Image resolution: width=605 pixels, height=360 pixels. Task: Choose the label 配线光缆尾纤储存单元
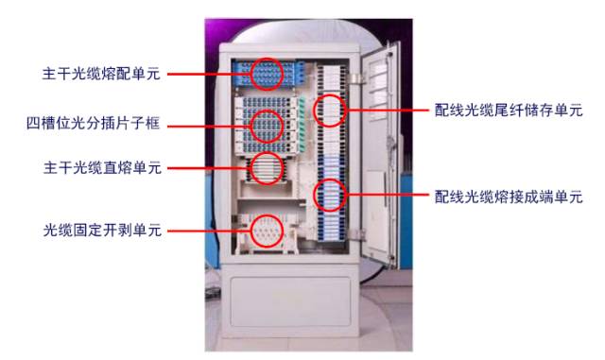[508, 111]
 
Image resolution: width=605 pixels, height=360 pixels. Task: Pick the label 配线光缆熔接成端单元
[508, 197]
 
